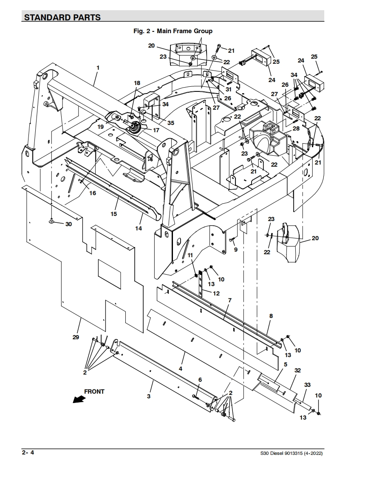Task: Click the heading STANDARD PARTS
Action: coord(62,17)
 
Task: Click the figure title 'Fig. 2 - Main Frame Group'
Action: coord(173,31)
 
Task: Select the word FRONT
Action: coord(94,392)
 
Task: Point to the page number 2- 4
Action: coord(28,452)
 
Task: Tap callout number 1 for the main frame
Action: coord(98,68)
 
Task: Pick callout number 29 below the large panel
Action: coord(76,337)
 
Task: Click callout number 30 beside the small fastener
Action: coord(69,224)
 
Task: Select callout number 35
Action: coord(171,123)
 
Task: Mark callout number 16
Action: coord(93,193)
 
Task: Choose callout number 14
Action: coord(139,228)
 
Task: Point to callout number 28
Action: coord(296,128)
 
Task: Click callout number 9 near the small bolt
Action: coord(236,250)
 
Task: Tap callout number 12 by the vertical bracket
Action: coord(216,294)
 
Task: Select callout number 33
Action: coord(308,385)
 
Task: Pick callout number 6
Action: coord(200,380)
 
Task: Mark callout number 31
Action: coord(228,89)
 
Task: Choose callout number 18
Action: coord(137,83)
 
